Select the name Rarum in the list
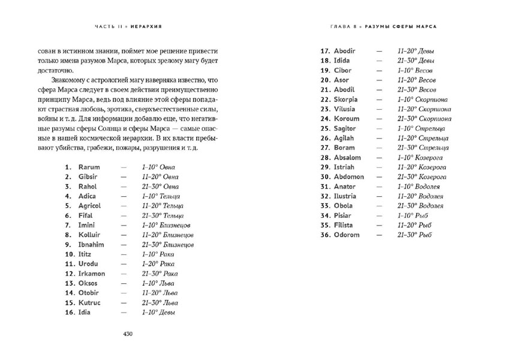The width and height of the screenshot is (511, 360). tap(89, 167)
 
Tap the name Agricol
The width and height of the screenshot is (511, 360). tap(90, 205)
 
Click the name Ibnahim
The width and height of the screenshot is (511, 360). tap(91, 244)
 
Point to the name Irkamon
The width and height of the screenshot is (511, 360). tap(92, 274)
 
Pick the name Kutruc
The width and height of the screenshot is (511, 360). tap(89, 302)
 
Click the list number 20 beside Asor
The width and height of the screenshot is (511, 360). tap(326, 80)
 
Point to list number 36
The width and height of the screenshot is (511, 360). tap(326, 235)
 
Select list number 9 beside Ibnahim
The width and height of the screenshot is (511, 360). tap(69, 244)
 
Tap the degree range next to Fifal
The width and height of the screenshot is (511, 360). tap(163, 215)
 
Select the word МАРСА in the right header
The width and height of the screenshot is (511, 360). tap(424, 27)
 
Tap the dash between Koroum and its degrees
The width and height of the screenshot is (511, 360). tap(379, 119)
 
